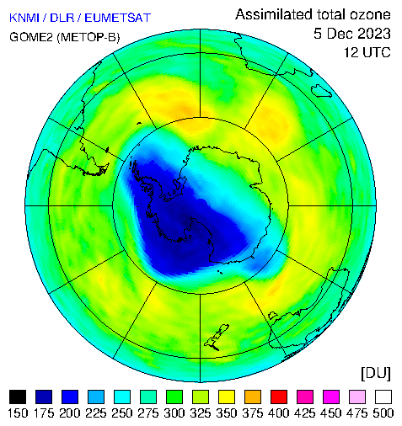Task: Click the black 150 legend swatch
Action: click(x=18, y=397)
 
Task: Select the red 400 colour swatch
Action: click(x=279, y=397)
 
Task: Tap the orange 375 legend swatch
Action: click(x=253, y=397)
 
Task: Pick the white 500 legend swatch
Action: click(x=383, y=397)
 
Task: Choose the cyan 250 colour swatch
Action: click(x=122, y=397)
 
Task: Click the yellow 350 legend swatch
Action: click(x=227, y=397)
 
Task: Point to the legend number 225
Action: click(x=96, y=413)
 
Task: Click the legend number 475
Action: click(x=357, y=413)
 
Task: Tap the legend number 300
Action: click(x=174, y=413)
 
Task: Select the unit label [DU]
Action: click(x=376, y=374)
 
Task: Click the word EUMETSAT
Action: click(x=118, y=18)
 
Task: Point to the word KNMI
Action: click(x=24, y=18)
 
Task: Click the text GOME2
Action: click(x=31, y=37)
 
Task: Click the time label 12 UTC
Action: click(x=367, y=52)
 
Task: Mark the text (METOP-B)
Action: click(x=88, y=37)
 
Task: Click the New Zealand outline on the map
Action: click(x=217, y=338)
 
